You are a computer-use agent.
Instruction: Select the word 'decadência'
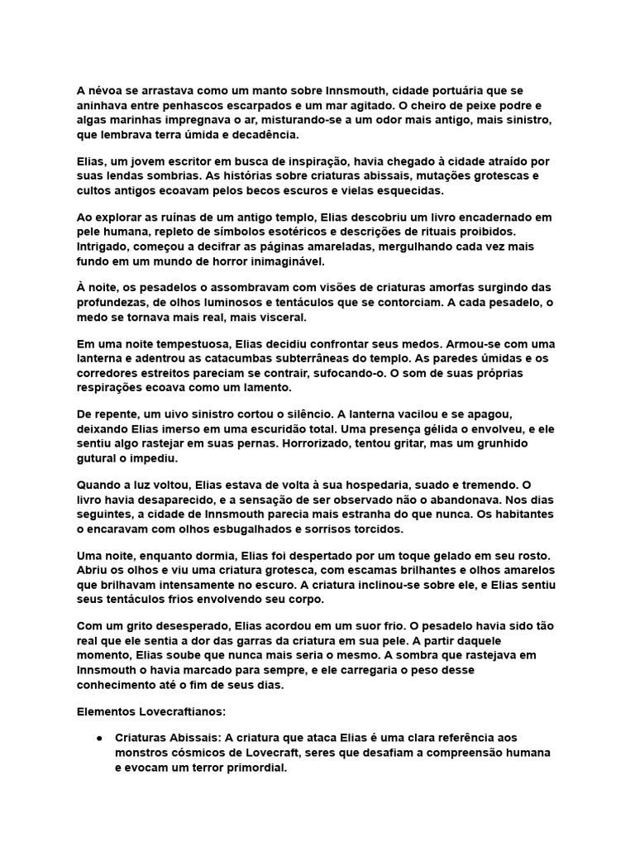point(264,135)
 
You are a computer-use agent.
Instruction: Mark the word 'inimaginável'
point(279,262)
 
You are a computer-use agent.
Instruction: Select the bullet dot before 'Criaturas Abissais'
point(99,737)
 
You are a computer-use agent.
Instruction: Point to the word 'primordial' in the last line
point(258,767)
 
